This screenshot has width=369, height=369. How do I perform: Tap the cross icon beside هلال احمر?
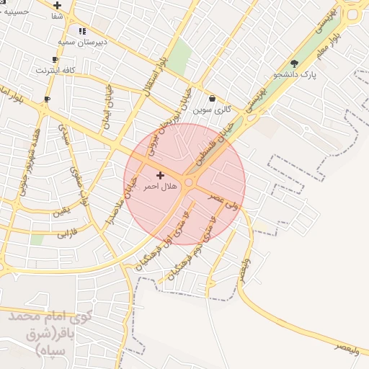(160, 175)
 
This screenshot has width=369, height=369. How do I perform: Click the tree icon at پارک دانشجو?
(293, 63)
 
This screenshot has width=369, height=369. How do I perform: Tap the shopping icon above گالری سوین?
(212, 98)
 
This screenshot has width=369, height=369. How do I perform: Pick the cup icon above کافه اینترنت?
(55, 60)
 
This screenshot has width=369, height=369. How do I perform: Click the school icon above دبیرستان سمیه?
(82, 32)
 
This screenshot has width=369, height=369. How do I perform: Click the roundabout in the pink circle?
(188, 184)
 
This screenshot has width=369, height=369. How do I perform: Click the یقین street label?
(61, 214)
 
